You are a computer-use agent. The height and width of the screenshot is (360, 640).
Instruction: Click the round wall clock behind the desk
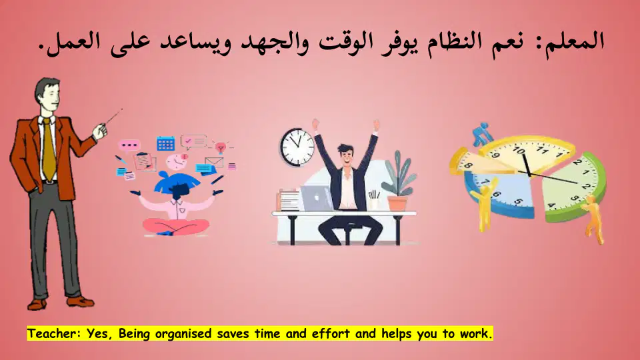coord(297,147)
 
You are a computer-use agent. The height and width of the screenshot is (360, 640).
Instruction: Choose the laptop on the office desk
coord(317,198)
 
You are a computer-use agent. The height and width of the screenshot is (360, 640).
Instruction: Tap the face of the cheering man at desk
coord(347,157)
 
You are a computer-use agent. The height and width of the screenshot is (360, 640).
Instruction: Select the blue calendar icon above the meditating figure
coord(166,143)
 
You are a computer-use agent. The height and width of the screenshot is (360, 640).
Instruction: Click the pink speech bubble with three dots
coord(129,145)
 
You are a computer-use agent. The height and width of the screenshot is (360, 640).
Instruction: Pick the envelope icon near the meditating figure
coord(214,162)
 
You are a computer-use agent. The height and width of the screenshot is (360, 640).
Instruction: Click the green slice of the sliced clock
coord(573,187)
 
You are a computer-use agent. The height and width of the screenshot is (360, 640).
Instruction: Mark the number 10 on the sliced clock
coord(519,151)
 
